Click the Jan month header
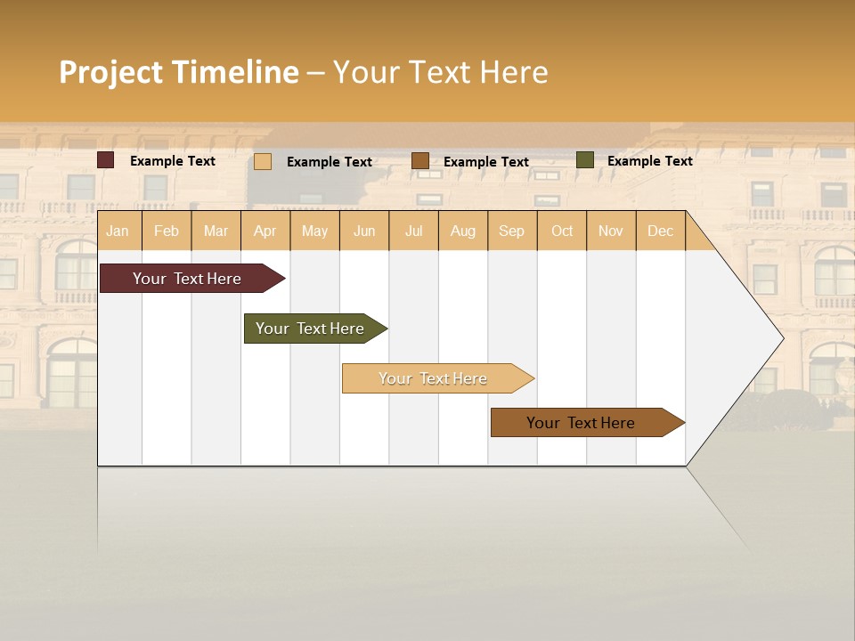118,231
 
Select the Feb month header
167,231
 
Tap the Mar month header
216,231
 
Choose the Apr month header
265,231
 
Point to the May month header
314,231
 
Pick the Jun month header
364,231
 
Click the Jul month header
413,231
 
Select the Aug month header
463,231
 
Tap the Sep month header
512,231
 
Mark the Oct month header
562,231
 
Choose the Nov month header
611,231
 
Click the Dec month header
660,231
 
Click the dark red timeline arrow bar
188,279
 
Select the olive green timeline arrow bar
311,329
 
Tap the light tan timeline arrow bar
434,378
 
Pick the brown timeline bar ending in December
582,423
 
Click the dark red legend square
106,160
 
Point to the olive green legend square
584,160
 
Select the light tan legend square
263,161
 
